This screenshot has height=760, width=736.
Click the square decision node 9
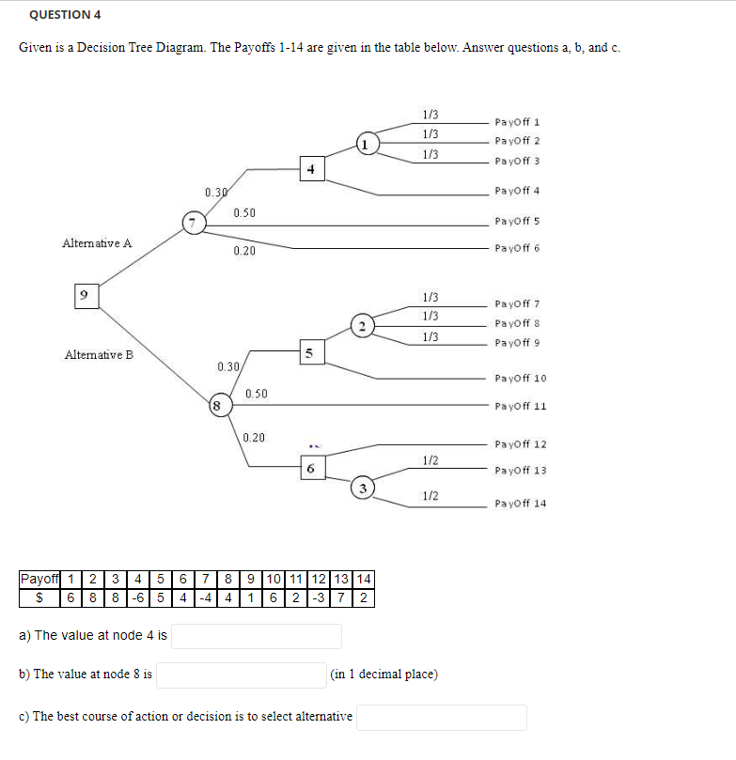(86, 295)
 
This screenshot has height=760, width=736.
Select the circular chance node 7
(193, 223)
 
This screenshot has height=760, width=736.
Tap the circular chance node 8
(217, 406)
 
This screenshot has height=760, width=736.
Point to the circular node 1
(368, 144)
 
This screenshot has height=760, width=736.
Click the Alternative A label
(97, 243)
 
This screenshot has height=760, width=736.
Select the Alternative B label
(99, 355)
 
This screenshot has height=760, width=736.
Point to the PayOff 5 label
(514, 222)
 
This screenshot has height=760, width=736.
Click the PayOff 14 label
(520, 504)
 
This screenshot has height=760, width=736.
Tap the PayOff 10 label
(520, 379)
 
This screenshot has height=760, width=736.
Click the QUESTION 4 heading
(65, 15)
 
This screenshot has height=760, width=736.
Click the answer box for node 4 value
(256, 636)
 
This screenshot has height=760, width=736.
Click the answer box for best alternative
(441, 717)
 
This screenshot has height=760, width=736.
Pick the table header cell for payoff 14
(365, 578)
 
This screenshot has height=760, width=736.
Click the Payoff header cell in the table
(39, 578)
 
